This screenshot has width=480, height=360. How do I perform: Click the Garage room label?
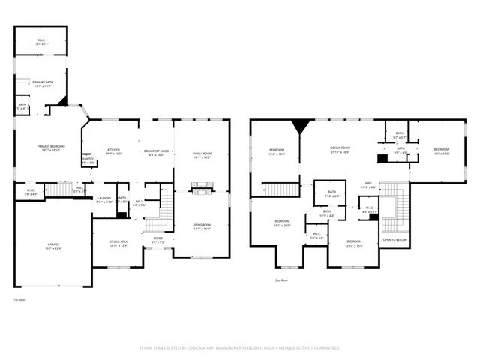click(53, 247)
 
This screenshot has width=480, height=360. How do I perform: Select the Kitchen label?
click(113, 151)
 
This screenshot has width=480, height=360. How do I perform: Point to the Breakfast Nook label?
click(157, 153)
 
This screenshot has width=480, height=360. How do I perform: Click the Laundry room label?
click(104, 200)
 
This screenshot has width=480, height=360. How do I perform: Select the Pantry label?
click(88, 160)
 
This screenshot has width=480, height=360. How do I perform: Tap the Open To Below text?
click(394, 240)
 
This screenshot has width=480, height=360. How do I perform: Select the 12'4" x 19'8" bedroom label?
click(277, 153)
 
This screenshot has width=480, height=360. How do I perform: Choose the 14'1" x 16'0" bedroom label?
click(440, 151)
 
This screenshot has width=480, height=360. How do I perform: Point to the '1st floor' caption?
click(19, 299)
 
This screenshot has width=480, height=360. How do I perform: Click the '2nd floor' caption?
click(281, 278)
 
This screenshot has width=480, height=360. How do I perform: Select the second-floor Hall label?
click(368, 185)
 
